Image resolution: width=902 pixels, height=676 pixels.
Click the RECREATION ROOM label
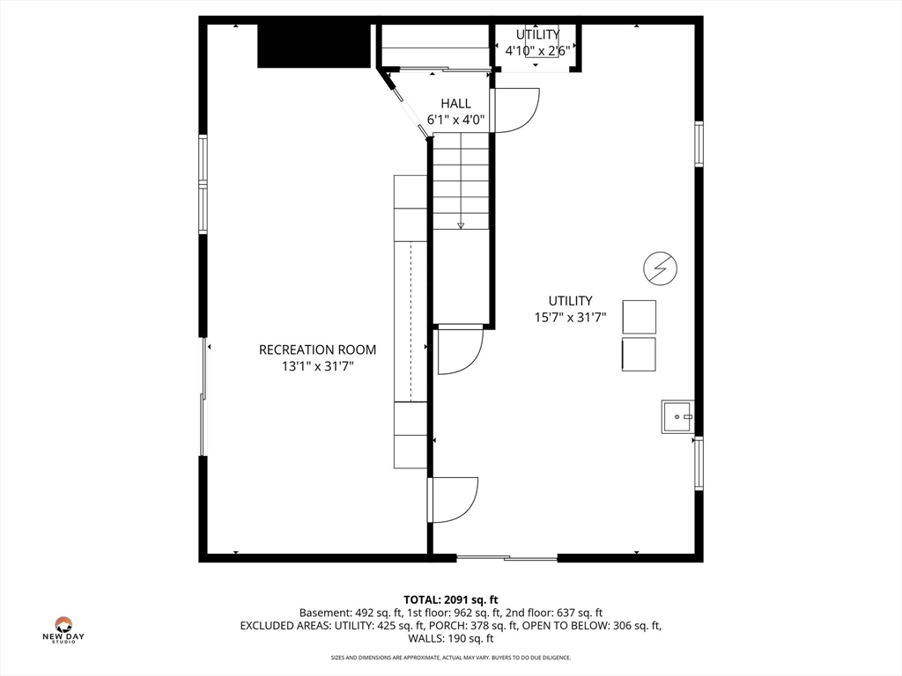click(x=317, y=349)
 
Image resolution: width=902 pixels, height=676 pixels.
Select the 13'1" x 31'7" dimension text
click(x=317, y=366)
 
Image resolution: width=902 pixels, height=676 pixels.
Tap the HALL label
click(x=455, y=104)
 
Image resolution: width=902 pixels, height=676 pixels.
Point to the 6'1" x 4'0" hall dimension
click(x=455, y=120)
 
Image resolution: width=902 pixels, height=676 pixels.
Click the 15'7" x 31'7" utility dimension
click(x=570, y=317)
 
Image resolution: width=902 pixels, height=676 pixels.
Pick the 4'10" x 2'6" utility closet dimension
click(x=537, y=50)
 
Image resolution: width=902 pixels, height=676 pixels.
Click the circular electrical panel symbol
click(x=660, y=268)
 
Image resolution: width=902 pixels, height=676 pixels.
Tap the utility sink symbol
click(x=677, y=416)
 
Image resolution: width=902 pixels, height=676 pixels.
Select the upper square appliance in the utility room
click(x=640, y=317)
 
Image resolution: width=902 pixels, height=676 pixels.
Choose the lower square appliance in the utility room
click(x=639, y=354)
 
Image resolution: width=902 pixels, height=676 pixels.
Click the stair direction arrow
click(x=460, y=225)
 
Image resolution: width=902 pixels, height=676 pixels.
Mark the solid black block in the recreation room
click(x=314, y=46)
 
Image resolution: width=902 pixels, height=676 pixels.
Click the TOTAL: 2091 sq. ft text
click(x=450, y=600)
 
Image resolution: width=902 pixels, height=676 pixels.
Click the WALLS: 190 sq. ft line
click(x=451, y=638)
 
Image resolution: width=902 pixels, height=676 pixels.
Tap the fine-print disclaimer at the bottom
click(x=450, y=658)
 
